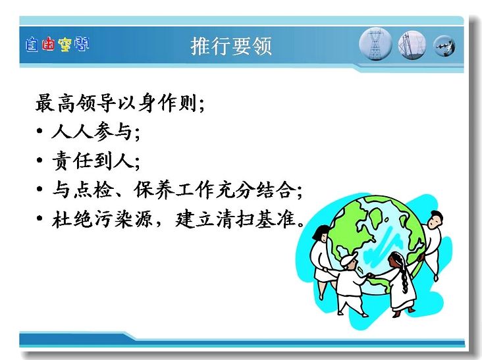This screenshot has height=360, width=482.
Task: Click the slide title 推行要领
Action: tap(231, 46)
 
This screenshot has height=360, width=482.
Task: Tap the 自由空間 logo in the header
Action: tap(57, 45)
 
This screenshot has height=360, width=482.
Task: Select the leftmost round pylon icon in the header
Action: tap(375, 44)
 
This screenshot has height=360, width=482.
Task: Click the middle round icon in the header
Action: tap(412, 45)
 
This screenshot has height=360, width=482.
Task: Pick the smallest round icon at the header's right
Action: tap(444, 46)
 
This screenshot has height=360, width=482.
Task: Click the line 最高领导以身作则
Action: tap(119, 103)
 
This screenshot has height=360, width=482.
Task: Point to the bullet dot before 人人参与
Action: tap(40, 131)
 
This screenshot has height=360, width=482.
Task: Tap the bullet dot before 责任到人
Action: tap(40, 160)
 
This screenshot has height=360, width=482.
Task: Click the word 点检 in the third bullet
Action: tap(93, 190)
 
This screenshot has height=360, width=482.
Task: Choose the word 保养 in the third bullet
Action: tap(153, 190)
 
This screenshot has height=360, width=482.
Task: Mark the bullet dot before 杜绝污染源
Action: tap(40, 219)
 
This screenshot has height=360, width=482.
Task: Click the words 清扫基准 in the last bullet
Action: tap(256, 219)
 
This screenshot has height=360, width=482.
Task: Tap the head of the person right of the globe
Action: tap(435, 219)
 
